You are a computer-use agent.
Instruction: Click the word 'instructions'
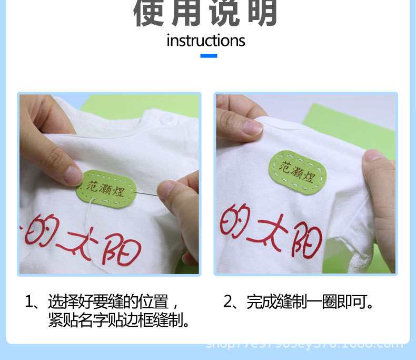click(x=206, y=41)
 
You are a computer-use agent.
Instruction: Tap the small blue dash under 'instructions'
click(x=209, y=55)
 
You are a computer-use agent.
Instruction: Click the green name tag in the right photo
click(x=298, y=172)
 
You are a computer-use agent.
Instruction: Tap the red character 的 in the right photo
click(x=235, y=220)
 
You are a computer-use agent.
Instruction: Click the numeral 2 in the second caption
click(x=228, y=303)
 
